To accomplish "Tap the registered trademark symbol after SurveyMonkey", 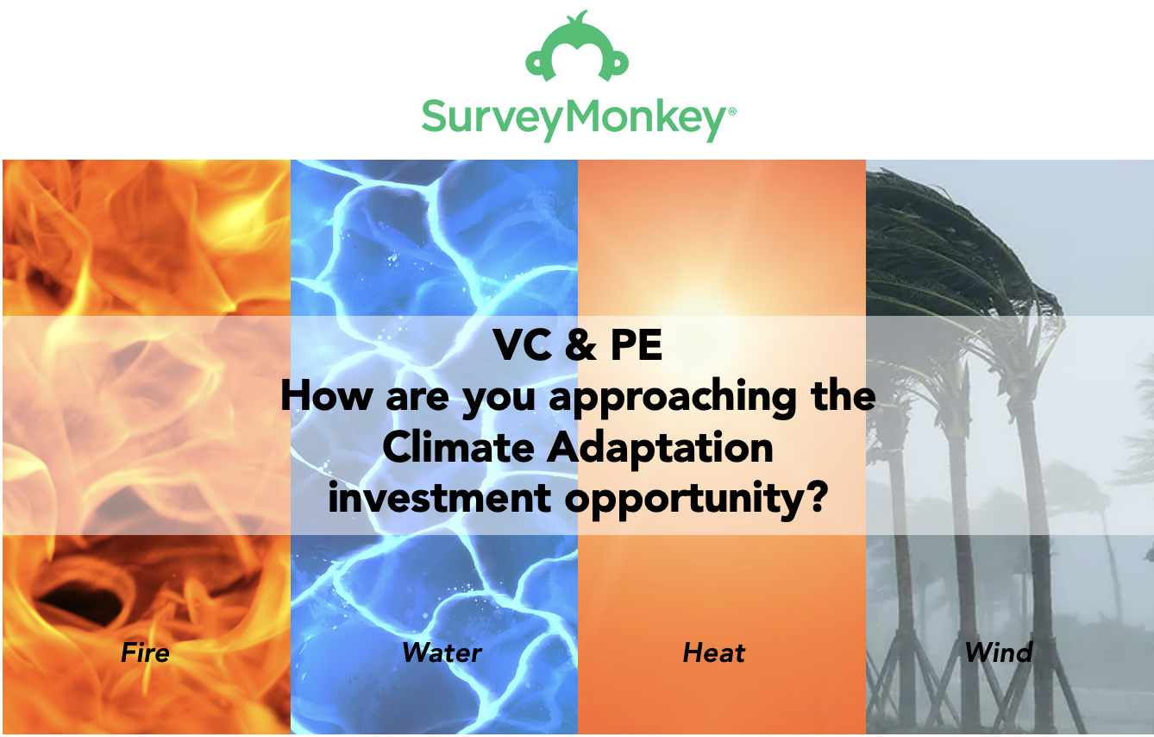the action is click(732, 110).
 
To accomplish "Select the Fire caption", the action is click(145, 652).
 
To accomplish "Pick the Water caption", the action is click(442, 652).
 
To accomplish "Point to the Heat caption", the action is click(714, 653).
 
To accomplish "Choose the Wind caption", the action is click(999, 652).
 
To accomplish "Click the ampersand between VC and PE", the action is click(580, 345).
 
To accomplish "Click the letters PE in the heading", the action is click(637, 345).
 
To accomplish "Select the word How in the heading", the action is click(327, 396).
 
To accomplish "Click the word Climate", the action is click(459, 447).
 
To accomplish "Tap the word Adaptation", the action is click(660, 450).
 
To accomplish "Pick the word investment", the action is click(440, 498).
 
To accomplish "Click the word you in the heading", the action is click(499, 401).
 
